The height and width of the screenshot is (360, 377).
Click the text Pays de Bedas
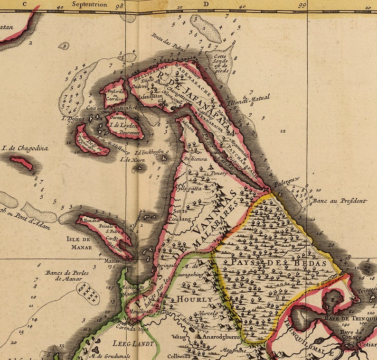[x=279, y=262]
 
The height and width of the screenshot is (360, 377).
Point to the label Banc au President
[x=340, y=201]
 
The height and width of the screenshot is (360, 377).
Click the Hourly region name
[x=195, y=299]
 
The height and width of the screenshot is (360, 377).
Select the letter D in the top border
[x=206, y=4]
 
